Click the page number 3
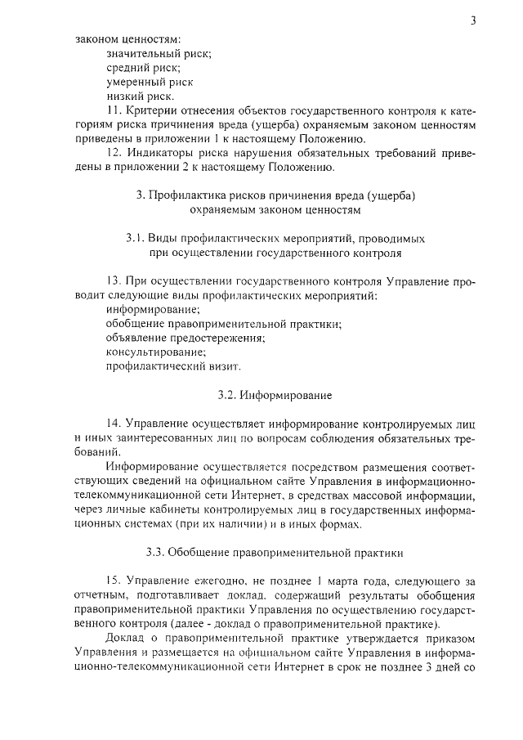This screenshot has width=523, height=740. pos(473,20)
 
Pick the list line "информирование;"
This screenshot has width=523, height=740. pos(153,311)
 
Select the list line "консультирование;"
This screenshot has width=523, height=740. pos(154,352)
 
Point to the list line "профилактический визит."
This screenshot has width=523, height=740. pos(173,367)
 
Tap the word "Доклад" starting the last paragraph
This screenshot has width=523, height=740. pos(125,638)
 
